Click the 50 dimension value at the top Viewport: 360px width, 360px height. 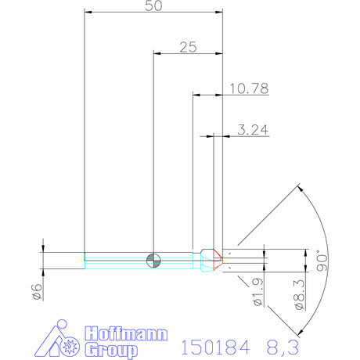coord(154,5)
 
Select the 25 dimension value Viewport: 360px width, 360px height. coord(188,47)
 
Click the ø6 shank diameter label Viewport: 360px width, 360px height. coord(35,291)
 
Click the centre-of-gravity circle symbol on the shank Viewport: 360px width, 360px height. coord(154,259)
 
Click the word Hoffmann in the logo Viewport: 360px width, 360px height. coord(124,333)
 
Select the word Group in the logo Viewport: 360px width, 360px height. coord(110,349)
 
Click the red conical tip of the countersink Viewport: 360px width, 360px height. coord(215,259)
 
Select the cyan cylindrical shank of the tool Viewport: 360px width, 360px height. coord(117,259)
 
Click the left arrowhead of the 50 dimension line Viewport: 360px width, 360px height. coord(87,13)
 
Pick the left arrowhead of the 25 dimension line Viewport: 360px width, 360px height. coord(157,54)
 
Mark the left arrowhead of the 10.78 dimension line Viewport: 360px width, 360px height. coord(196,95)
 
